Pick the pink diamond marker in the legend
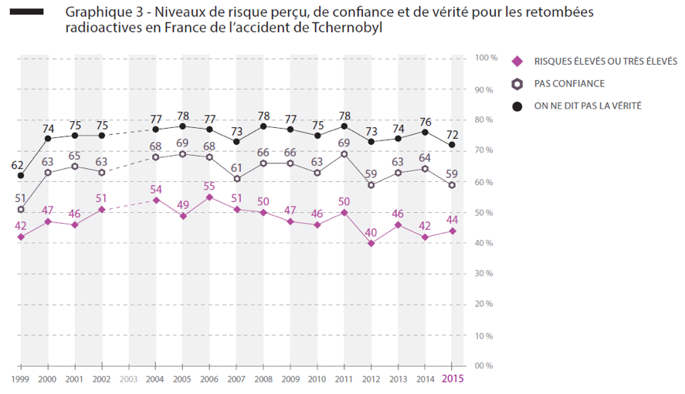[x=518, y=61]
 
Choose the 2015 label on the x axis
[x=452, y=379]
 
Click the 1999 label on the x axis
[x=20, y=379]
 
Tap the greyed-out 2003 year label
[x=128, y=379]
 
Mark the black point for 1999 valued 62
[x=21, y=175]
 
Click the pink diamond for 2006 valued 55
[x=209, y=197]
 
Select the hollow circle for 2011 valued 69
[x=344, y=153]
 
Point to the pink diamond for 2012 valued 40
[x=371, y=244]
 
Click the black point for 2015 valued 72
[x=452, y=144]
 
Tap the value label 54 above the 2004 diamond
[x=155, y=189]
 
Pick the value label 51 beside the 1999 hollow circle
[x=21, y=198]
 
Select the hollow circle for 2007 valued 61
[x=236, y=179]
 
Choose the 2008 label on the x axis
[x=263, y=379]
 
